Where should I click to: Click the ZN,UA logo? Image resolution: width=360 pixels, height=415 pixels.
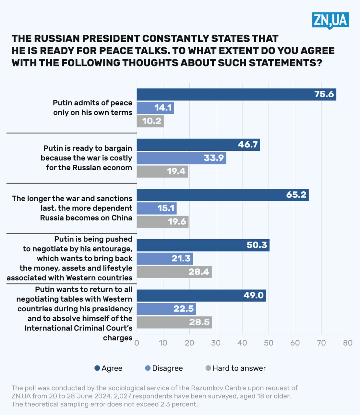click(330, 20)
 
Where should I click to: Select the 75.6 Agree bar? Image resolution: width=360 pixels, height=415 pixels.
click(236, 94)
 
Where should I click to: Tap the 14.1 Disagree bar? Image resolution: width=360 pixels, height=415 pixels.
click(155, 108)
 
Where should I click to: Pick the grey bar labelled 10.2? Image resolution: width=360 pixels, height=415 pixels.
click(150, 121)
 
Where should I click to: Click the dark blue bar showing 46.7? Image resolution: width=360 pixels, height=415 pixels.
click(198, 145)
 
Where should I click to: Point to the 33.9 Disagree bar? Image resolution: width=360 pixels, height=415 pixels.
click(181, 158)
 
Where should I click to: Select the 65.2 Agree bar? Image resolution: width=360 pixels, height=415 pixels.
click(222, 195)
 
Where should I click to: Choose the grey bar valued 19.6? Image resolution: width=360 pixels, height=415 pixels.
click(162, 222)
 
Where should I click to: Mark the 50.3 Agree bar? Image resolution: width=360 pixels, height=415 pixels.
click(203, 245)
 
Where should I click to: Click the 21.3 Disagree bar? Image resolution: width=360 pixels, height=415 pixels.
click(165, 258)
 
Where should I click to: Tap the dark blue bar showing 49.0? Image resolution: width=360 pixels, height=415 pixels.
click(201, 295)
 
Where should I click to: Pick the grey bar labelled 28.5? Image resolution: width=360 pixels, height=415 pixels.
click(174, 322)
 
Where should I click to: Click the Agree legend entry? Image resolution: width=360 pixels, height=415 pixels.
click(108, 368)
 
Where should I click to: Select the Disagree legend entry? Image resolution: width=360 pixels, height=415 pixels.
click(164, 368)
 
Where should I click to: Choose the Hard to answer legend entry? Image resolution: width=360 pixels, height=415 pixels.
click(236, 368)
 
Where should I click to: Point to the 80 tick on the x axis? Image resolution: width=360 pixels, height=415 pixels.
click(348, 343)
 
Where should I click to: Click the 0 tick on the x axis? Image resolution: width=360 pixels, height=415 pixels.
click(137, 343)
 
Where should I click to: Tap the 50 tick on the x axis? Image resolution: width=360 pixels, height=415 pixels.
click(269, 343)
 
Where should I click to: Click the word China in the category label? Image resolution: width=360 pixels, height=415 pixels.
click(122, 218)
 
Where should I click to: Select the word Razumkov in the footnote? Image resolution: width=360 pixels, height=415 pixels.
click(205, 388)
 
